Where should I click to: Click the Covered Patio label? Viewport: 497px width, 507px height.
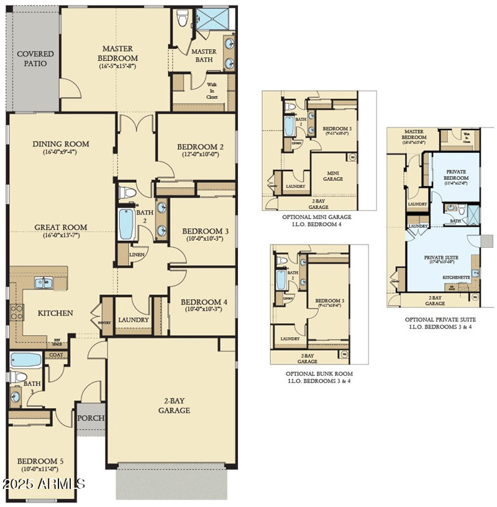[x=35, y=58]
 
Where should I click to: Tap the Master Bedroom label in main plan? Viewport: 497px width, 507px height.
[x=119, y=53]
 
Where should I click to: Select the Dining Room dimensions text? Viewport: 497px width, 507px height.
[x=61, y=152]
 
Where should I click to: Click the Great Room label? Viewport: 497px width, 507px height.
[x=61, y=227]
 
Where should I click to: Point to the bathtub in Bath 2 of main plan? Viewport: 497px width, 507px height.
[x=126, y=224]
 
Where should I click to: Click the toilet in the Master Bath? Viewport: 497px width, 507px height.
[x=183, y=19]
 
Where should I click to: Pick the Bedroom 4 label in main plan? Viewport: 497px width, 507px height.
[x=204, y=302]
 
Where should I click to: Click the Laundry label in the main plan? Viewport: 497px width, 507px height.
[x=134, y=320]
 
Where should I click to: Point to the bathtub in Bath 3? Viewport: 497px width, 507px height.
[x=25, y=360]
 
